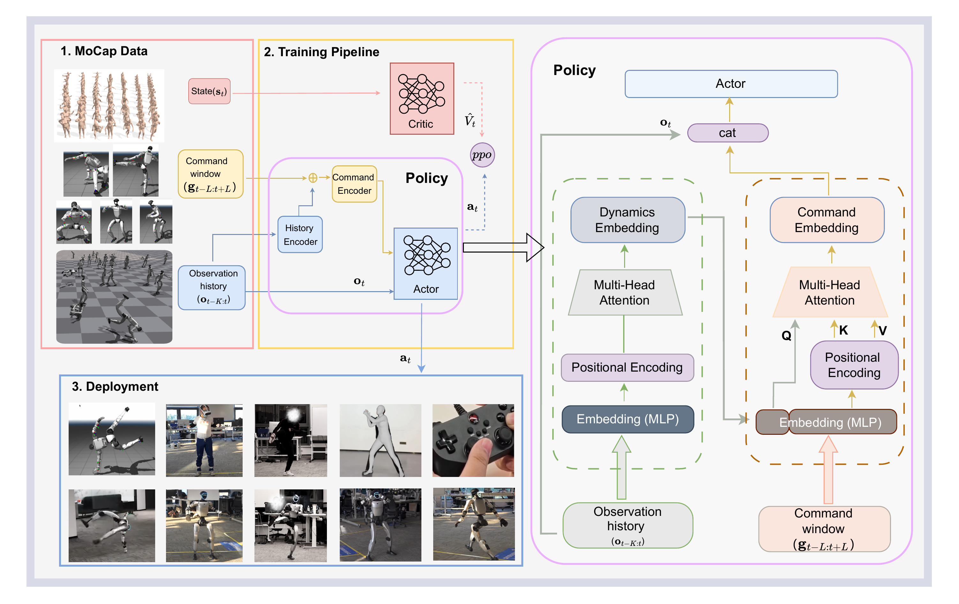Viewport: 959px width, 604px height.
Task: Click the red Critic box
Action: (x=422, y=98)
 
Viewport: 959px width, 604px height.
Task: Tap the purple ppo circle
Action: (x=482, y=155)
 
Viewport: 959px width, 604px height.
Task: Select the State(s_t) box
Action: (x=209, y=91)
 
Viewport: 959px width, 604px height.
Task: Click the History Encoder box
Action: (x=300, y=235)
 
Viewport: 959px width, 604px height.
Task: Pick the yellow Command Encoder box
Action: (x=354, y=184)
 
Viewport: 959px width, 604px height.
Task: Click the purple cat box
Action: (x=727, y=133)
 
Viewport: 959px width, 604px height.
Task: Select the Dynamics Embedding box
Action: (x=627, y=220)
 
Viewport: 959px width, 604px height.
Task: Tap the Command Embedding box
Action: (x=827, y=220)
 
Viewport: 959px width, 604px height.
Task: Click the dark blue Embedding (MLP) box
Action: (x=627, y=419)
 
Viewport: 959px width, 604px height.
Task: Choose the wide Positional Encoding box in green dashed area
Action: (x=627, y=367)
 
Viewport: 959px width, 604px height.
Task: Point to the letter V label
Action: (x=882, y=330)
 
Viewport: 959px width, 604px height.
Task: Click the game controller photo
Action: (x=473, y=440)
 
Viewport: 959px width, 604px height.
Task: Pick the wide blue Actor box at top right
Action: (x=730, y=84)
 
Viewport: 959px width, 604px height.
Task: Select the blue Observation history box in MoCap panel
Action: (x=211, y=287)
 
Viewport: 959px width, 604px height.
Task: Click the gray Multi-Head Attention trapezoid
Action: (x=624, y=293)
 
